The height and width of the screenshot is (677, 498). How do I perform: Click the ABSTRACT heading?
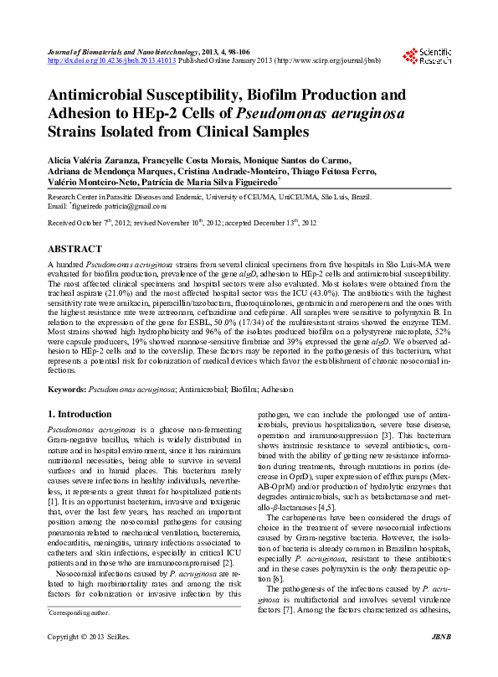(74, 249)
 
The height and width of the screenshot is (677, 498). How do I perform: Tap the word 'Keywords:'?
(66, 390)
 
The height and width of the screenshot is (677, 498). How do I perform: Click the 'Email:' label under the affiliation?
(57, 205)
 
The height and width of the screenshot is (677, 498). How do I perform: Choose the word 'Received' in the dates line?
(63, 224)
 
